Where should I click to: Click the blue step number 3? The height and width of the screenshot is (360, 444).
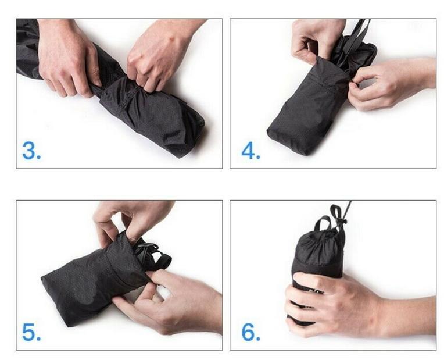point(31,151)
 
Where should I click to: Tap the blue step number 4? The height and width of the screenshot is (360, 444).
point(250,151)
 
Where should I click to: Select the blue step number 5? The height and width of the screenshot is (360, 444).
point(31,332)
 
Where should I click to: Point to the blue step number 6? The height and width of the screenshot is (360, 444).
point(250,332)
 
